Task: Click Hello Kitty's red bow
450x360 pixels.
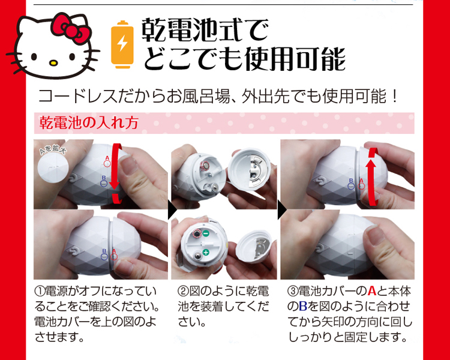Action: (x=71, y=28)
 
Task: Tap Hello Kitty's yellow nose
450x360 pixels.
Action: (x=53, y=62)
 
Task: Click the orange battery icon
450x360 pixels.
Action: (x=122, y=45)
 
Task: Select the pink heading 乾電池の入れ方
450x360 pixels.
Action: (x=89, y=123)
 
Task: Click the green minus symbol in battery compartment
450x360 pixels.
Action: (x=205, y=233)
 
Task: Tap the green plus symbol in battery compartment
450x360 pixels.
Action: (x=205, y=253)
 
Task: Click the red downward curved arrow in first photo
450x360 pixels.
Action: (x=117, y=172)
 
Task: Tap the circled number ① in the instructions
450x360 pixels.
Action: (x=40, y=291)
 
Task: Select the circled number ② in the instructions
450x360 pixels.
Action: (x=183, y=291)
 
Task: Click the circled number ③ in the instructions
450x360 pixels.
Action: (x=293, y=291)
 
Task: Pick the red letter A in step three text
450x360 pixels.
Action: (x=371, y=291)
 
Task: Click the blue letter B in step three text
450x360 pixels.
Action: (x=303, y=307)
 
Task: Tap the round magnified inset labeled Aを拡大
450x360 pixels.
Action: (x=53, y=166)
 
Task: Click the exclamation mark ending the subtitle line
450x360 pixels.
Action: (x=395, y=97)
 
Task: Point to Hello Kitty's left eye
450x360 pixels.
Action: (x=34, y=56)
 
